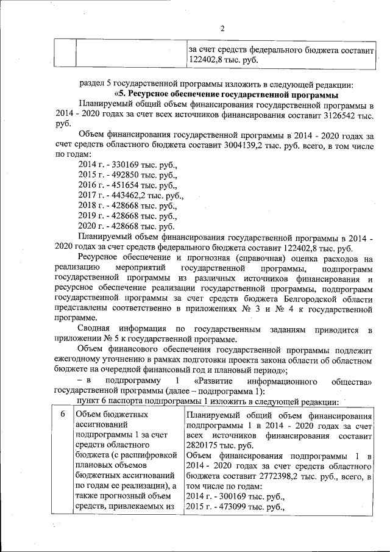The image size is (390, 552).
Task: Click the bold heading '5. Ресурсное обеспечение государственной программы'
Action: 226,95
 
